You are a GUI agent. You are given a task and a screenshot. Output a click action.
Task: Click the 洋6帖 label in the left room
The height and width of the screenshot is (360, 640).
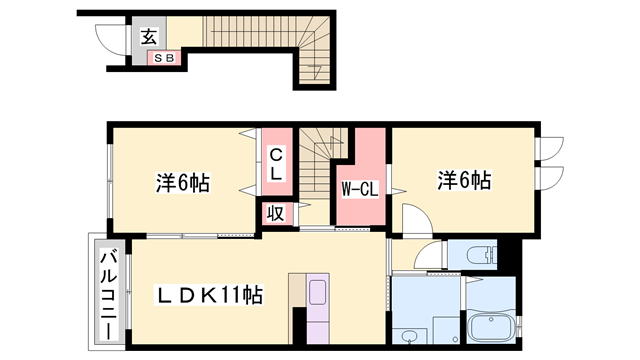click(x=182, y=184)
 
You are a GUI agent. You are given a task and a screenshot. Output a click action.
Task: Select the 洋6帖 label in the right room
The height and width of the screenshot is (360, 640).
click(x=462, y=180)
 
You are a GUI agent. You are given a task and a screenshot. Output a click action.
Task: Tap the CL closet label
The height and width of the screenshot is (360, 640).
click(x=275, y=162)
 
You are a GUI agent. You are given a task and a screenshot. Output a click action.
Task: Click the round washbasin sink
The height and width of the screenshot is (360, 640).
click(x=409, y=335)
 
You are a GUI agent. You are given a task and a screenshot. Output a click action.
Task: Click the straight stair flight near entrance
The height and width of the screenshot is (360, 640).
click(x=240, y=34)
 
